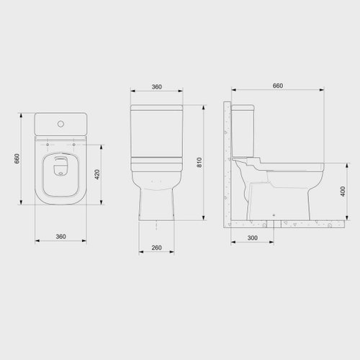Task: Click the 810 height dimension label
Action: pyautogui.click(x=199, y=163)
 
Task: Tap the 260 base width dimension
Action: pyautogui.click(x=156, y=248)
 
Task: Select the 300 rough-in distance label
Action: pyautogui.click(x=253, y=238)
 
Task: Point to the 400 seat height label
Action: pyautogui.click(x=343, y=192)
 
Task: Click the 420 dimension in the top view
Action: pyautogui.click(x=97, y=174)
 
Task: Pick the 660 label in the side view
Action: pyautogui.click(x=278, y=86)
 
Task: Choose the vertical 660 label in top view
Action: pyautogui.click(x=17, y=158)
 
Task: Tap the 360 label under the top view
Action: pyautogui.click(x=60, y=236)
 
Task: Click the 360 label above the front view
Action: pyautogui.click(x=157, y=86)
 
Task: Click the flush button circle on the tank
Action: pyautogui.click(x=60, y=124)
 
